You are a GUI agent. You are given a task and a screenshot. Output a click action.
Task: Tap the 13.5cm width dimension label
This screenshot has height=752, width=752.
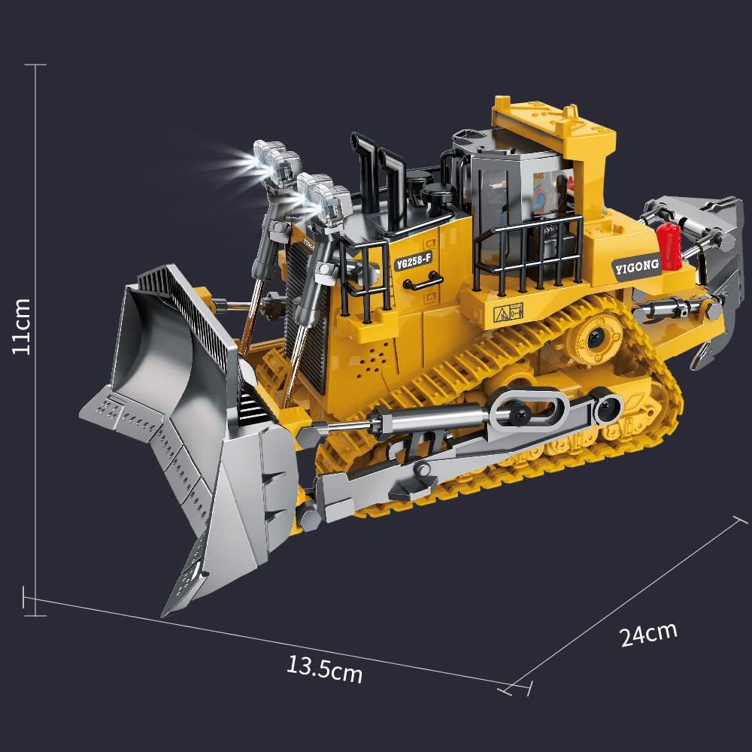324,669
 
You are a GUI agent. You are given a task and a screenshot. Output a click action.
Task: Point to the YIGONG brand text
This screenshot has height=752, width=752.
635,265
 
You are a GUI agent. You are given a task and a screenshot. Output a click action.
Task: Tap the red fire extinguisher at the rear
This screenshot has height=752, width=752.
669,244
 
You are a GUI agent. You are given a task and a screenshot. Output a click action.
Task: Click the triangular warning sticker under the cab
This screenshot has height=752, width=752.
501,312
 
